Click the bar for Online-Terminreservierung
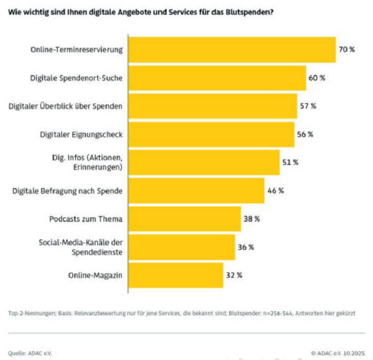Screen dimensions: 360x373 click(232, 50)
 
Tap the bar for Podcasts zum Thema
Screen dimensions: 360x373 click(184, 218)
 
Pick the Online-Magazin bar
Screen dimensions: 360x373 click(176, 275)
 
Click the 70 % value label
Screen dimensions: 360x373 click(347, 50)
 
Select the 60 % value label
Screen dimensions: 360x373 click(317, 78)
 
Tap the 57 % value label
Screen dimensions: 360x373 click(308, 106)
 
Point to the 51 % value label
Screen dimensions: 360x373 click(290, 162)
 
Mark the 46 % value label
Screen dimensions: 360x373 click(275, 191)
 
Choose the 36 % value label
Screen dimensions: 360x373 click(246, 247)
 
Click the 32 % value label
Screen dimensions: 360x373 click(234, 275)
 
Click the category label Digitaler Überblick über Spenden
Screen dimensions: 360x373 click(66, 106)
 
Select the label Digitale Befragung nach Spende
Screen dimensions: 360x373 click(68, 191)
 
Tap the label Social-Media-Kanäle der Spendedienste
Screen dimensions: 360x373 click(80, 247)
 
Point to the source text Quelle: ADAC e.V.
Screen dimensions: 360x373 click(30, 353)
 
